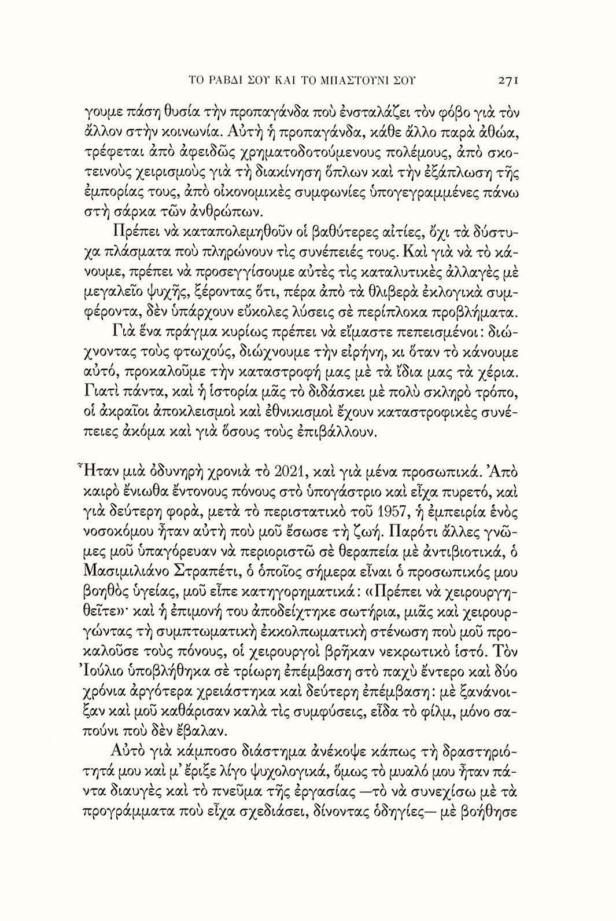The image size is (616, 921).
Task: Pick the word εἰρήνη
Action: (x=364, y=352)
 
